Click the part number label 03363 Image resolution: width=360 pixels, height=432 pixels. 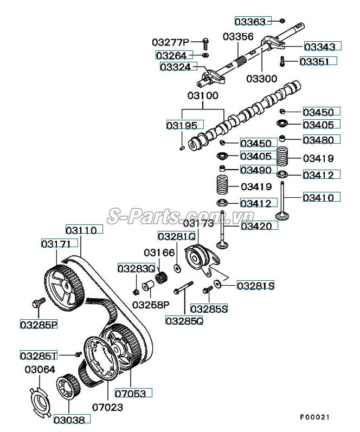pyautogui.click(x=250, y=21)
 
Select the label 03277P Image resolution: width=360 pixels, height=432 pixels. pyautogui.click(x=170, y=42)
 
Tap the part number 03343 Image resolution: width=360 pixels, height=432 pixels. pyautogui.click(x=322, y=47)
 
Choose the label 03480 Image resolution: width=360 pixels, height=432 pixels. pyautogui.click(x=321, y=139)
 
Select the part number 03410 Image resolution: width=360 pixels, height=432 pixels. pyautogui.click(x=321, y=197)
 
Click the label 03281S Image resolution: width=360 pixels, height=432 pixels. pyautogui.click(x=255, y=285)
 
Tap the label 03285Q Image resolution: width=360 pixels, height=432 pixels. pyautogui.click(x=184, y=320)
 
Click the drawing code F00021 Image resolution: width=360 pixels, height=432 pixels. pyautogui.click(x=315, y=417)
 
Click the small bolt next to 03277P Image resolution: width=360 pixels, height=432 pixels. pyautogui.click(x=205, y=42)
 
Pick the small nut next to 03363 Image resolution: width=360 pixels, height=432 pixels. pyautogui.click(x=282, y=21)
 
